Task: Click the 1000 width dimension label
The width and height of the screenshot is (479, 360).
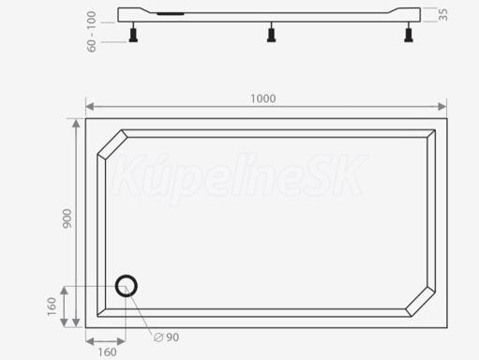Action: coord(263,98)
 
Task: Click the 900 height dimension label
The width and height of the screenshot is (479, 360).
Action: coord(67,218)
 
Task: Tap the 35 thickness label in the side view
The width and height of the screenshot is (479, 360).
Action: coord(442,15)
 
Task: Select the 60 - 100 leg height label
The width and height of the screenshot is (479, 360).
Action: coord(91,31)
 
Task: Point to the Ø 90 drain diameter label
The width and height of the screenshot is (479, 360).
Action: coord(167,337)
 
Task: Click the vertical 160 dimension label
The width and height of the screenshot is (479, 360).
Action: coord(52,307)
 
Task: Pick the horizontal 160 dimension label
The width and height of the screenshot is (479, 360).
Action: coord(107,352)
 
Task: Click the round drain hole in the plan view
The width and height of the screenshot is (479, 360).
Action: coord(127,286)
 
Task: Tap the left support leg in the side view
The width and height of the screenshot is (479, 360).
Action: coord(133,33)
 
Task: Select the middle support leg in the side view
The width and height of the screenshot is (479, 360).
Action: coord(271,33)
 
